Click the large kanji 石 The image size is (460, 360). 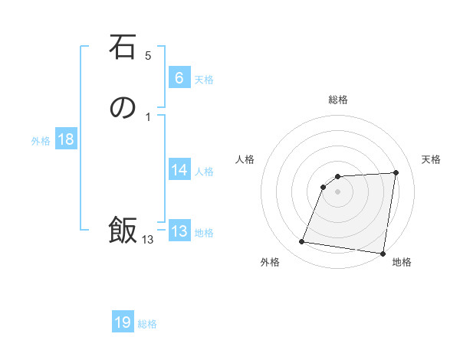pyautogui.click(x=123, y=48)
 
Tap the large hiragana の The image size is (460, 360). pyautogui.click(x=123, y=109)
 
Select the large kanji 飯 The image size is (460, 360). pyautogui.click(x=123, y=230)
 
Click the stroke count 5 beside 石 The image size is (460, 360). pyautogui.click(x=148, y=55)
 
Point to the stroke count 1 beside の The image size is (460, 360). pyautogui.click(x=147, y=116)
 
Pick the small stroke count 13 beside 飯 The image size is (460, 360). pyautogui.click(x=147, y=240)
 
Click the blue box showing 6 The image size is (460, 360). pyautogui.click(x=179, y=77)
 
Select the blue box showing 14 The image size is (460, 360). pyautogui.click(x=179, y=170)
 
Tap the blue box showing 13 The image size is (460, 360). pyautogui.click(x=179, y=231)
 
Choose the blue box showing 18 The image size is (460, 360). pyautogui.click(x=65, y=139)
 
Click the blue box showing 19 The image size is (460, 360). pyautogui.click(x=123, y=322)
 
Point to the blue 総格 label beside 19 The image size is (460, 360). pyautogui.click(x=147, y=324)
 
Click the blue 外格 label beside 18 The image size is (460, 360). pyautogui.click(x=41, y=141)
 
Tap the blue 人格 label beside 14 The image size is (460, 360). pyautogui.click(x=204, y=172)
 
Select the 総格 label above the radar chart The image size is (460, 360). pyautogui.click(x=338, y=100)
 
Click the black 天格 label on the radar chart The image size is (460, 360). pyautogui.click(x=431, y=159)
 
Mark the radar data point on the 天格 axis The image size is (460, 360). pyautogui.click(x=396, y=173)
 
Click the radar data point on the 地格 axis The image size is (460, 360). pyautogui.click(x=383, y=254)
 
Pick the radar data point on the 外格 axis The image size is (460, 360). pyautogui.click(x=302, y=242)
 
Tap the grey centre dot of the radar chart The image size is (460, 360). pyautogui.click(x=338, y=191)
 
